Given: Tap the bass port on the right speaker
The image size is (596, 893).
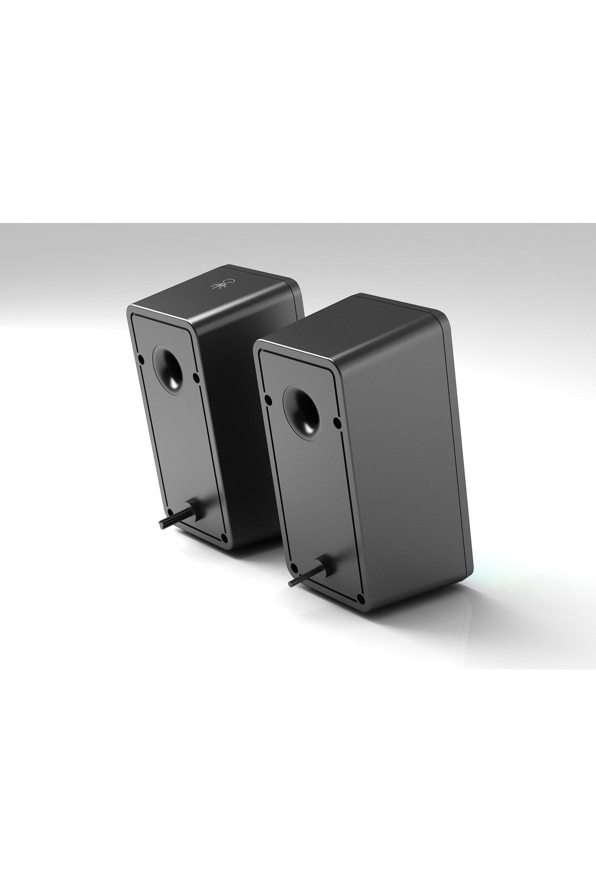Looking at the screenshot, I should tap(303, 413).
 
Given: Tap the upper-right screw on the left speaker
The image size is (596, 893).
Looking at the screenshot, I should tap(195, 377).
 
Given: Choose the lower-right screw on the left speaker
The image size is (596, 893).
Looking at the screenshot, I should tap(224, 539).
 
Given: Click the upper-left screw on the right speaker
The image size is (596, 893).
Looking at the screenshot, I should tap(269, 400).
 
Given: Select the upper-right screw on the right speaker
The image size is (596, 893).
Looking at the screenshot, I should tap(336, 421).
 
